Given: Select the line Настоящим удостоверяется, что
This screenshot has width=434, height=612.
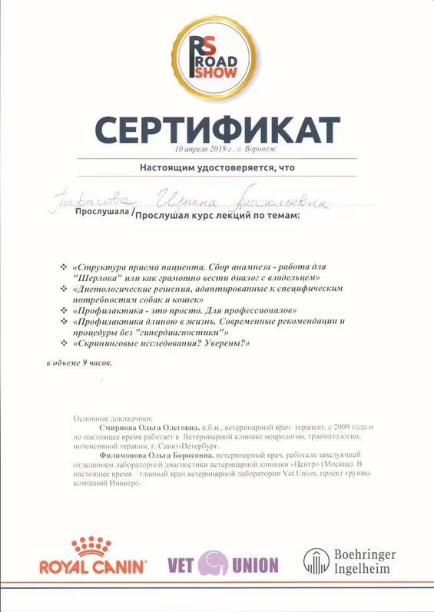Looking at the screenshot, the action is click(217, 167).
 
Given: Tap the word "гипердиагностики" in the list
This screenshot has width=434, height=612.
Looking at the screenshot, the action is click(183, 332).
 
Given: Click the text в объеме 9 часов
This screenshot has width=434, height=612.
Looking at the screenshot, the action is click(79, 361).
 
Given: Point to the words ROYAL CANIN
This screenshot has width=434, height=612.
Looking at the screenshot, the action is click(92, 567).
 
